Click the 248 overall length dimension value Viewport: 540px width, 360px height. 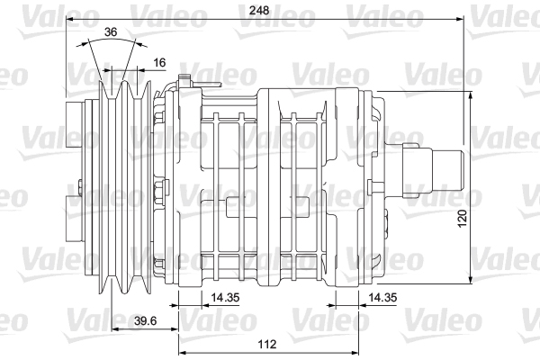259,10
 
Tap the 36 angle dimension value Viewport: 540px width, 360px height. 111,32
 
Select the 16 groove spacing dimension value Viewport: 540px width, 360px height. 159,62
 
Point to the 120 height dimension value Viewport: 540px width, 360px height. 463,218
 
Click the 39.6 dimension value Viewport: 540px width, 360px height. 145,320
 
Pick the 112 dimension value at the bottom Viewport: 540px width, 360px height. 267,344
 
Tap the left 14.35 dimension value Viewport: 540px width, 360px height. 225,297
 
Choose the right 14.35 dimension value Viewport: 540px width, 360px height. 382,297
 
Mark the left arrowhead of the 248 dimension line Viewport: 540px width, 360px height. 70,19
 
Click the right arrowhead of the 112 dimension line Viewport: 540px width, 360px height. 355,353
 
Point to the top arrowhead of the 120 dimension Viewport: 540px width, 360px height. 471,96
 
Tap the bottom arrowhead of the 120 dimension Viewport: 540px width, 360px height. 471,280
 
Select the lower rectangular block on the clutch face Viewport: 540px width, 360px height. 74,219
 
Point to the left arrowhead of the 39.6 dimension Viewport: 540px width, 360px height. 116,329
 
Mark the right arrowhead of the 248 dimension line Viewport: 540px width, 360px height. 459,19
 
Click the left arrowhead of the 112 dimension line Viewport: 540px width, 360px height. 184,353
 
